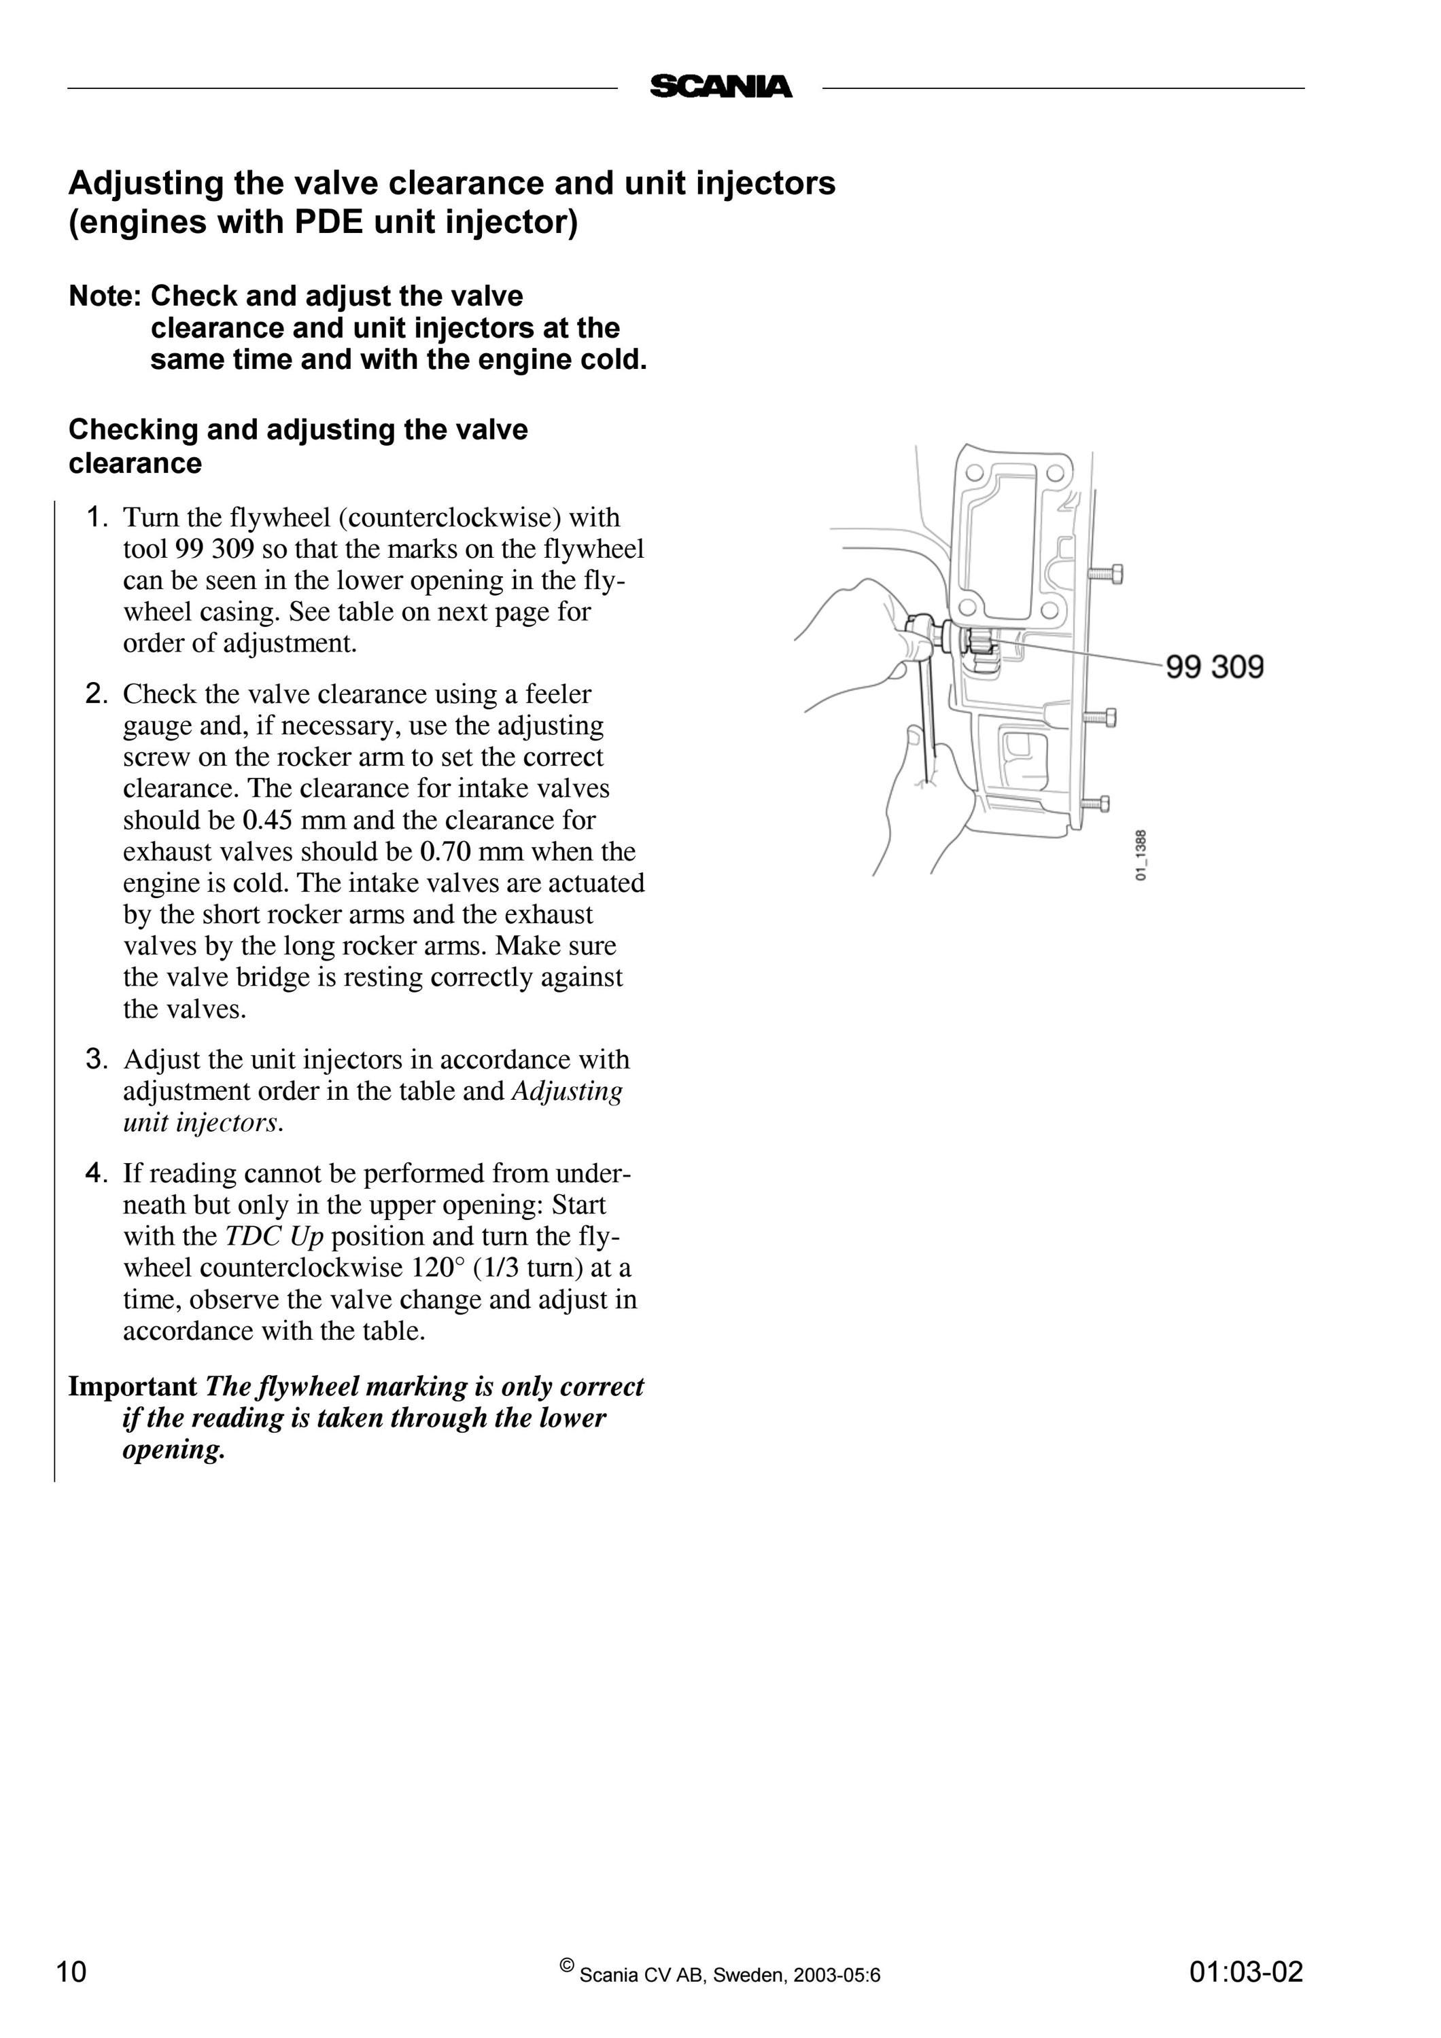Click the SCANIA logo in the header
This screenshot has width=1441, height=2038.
[721, 87]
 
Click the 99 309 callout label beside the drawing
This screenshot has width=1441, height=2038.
[1215, 666]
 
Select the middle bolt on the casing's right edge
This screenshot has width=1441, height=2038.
[1099, 717]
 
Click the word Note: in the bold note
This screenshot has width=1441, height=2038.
[105, 296]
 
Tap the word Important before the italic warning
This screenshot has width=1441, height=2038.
[133, 1387]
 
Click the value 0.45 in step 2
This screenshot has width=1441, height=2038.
[267, 820]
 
